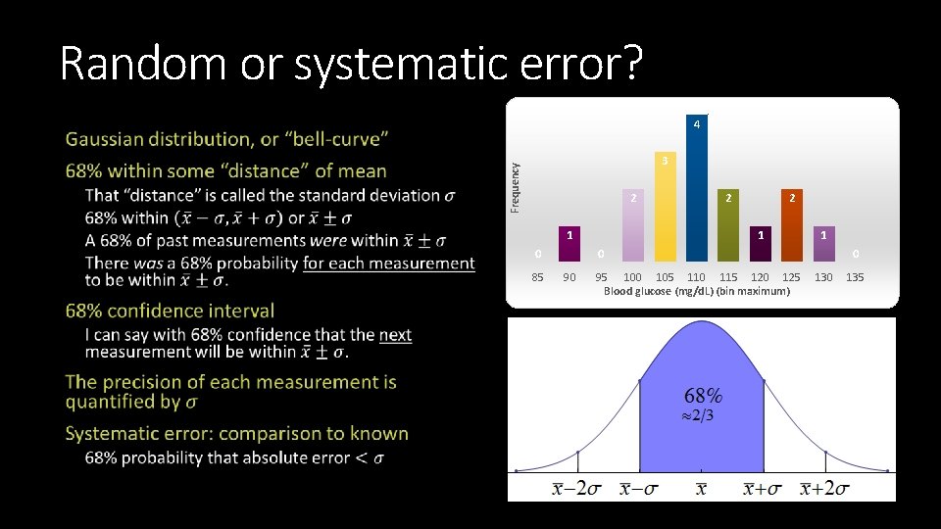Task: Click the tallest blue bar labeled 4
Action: [x=696, y=191]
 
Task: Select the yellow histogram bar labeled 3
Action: [x=665, y=211]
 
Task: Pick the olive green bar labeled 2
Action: [x=727, y=228]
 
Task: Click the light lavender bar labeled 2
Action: [x=633, y=228]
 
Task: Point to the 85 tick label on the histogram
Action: [x=537, y=277]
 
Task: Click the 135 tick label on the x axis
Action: [x=855, y=277]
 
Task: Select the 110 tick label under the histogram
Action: [x=696, y=277]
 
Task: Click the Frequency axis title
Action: [x=516, y=188]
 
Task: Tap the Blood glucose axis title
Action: [x=696, y=291]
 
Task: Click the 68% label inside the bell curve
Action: [x=703, y=396]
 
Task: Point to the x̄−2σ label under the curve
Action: [x=576, y=489]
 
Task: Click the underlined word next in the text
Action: [x=395, y=335]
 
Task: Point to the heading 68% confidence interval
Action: [x=170, y=311]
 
